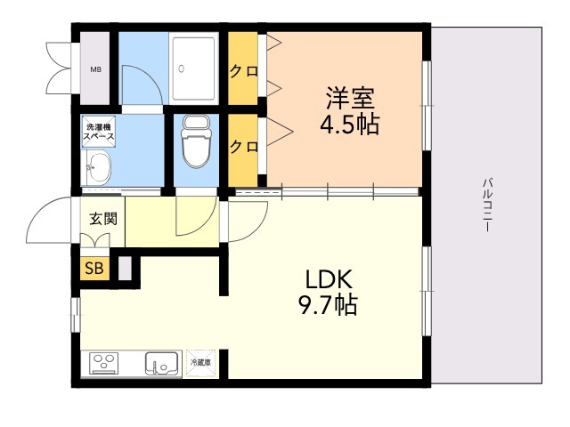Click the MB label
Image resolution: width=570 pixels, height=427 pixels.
pos(96,69)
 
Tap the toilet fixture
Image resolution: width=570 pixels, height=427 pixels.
pos(196,141)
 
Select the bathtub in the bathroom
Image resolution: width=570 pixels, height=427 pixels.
pos(194,68)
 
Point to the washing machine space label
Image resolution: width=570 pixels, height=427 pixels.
pos(99,132)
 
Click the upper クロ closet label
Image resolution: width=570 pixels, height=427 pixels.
pos(243,71)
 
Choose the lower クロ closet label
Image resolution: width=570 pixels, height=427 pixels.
pos(243,147)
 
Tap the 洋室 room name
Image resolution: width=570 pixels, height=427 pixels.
pos(350,98)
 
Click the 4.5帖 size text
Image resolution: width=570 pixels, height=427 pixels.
pos(350,125)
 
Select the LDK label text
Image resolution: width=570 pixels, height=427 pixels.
pos(329,279)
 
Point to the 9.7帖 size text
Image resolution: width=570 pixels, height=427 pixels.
pos(329,305)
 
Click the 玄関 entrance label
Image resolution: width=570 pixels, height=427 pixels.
pos(103,219)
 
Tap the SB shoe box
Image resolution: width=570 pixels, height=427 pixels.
pos(94,269)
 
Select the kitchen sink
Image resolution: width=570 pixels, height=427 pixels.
pos(162,364)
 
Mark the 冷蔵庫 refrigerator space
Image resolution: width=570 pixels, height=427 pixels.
pos(201,363)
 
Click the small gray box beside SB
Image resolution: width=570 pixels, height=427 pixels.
pos(125,269)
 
